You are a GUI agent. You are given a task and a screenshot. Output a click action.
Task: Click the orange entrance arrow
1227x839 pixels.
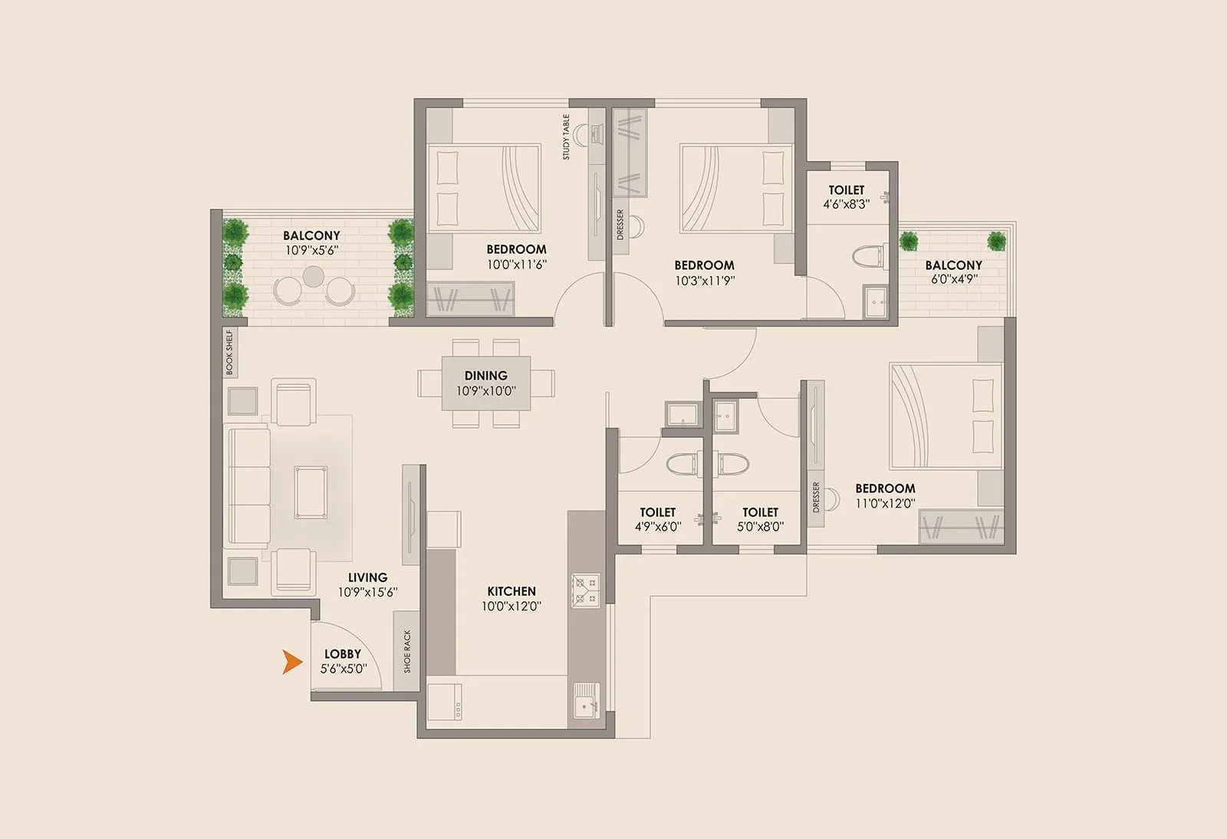291,662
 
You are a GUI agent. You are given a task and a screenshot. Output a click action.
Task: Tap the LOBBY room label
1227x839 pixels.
342,654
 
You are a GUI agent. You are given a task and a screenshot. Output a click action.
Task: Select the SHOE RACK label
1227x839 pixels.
407,651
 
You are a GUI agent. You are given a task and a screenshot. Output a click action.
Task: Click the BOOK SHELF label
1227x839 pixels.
229,353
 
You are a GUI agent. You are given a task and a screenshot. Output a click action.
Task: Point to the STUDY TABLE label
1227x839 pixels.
566,137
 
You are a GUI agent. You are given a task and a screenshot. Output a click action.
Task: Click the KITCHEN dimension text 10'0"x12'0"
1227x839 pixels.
512,606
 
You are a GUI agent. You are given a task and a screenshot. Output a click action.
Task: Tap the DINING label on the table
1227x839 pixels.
485,375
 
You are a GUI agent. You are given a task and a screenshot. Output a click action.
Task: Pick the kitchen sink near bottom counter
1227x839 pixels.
586,699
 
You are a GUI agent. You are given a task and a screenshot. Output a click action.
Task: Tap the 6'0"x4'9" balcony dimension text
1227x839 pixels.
952,279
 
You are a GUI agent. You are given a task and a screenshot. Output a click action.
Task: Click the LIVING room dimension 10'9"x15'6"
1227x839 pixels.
367,592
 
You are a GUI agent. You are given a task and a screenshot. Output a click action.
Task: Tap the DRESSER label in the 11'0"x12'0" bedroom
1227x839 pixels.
815,498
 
